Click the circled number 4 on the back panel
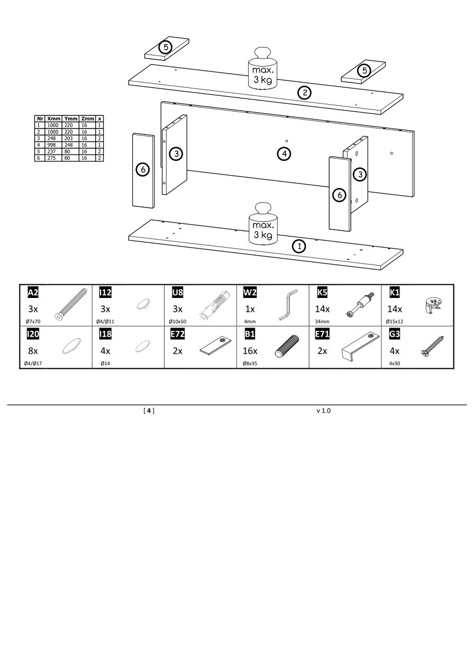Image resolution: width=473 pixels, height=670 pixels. [284, 154]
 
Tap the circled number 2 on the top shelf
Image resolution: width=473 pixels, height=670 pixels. [304, 93]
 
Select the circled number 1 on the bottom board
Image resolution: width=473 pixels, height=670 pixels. [299, 246]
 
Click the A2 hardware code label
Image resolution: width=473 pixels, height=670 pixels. [33, 292]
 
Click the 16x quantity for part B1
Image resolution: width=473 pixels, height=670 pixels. [250, 351]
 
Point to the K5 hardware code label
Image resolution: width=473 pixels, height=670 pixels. [322, 292]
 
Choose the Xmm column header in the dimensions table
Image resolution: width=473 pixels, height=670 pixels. [54, 119]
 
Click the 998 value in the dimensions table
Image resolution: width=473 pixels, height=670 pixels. [51, 144]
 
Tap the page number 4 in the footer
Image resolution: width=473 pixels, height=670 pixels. [149, 411]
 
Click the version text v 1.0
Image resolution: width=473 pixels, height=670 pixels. [323, 411]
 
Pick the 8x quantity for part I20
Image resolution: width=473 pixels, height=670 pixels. [32, 351]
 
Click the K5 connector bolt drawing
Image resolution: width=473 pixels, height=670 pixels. [360, 305]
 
